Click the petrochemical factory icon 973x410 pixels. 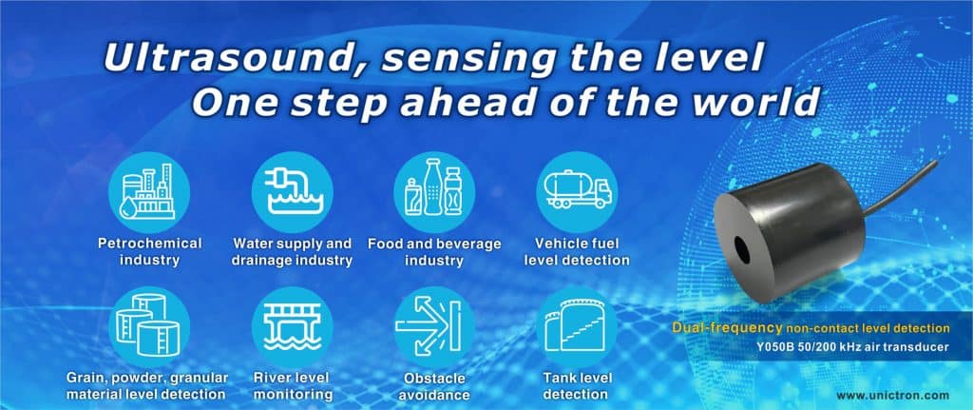pos(149,192)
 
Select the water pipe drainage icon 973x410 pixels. pos(292,192)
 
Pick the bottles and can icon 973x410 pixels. pos(434,192)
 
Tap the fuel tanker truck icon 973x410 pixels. pos(577,192)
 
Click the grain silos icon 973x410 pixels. pos(149,326)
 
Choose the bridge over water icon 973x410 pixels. pos(292,326)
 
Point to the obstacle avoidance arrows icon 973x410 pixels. pos(434,326)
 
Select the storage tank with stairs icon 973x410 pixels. pos(577,326)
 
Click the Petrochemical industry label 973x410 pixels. pos(149,251)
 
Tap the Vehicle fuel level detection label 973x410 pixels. pos(577,251)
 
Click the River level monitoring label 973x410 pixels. pos(292,386)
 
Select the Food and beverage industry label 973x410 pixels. pos(434,251)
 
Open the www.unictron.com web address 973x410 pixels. pos(892,395)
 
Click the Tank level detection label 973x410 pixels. pos(577,386)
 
